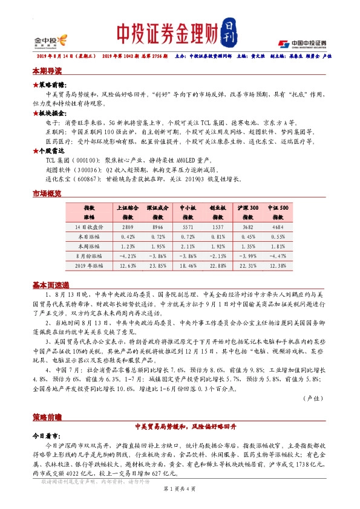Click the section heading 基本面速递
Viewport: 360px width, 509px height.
click(51, 285)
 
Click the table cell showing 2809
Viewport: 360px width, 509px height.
click(128, 227)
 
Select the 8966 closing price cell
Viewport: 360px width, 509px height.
click(157, 227)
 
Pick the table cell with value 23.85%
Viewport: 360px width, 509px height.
click(157, 265)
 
